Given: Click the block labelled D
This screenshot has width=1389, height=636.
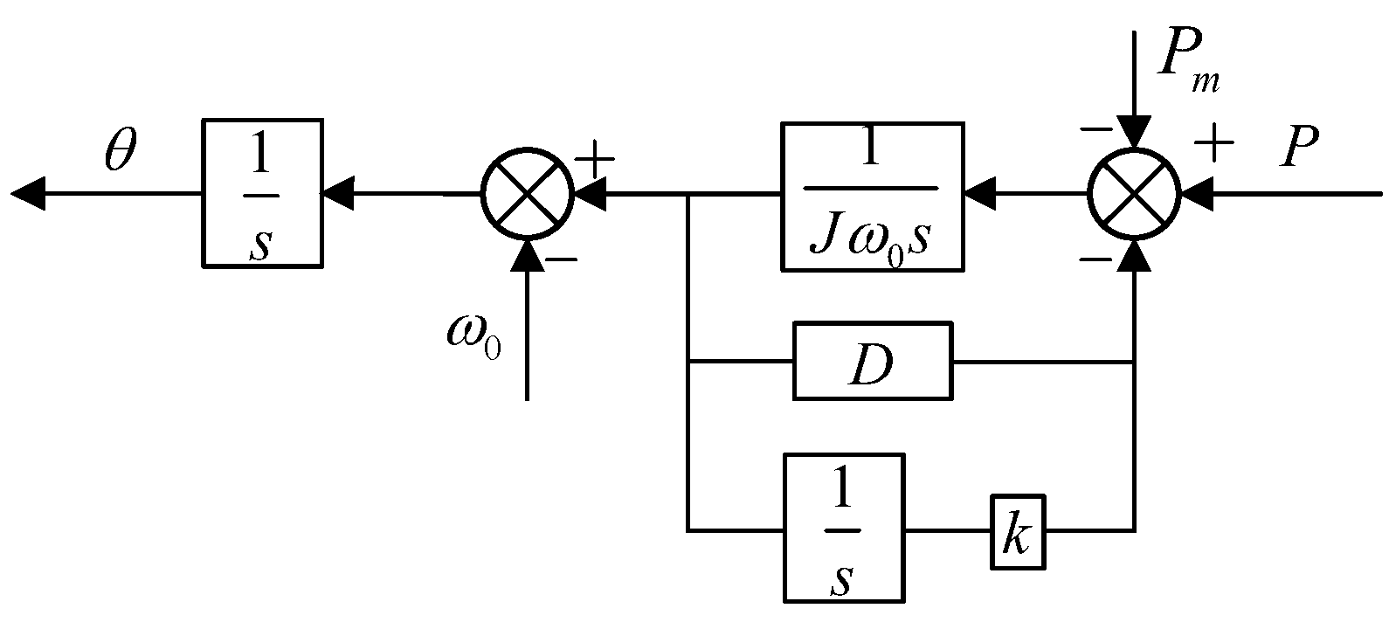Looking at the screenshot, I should point(872,361).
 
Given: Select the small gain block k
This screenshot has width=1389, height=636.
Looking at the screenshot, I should point(1018,531).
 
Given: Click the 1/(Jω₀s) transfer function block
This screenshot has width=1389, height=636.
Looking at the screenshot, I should point(872,197).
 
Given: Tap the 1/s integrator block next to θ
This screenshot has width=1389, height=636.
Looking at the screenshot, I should point(262,193).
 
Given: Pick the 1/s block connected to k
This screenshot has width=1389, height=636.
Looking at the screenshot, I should point(843,528).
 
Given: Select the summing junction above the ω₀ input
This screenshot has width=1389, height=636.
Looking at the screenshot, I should point(527,194).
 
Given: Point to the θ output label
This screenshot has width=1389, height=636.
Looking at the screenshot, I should point(120,151).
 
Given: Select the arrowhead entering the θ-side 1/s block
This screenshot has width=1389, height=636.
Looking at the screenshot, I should point(338,193).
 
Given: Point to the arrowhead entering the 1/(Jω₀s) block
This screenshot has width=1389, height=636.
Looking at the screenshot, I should point(979,193).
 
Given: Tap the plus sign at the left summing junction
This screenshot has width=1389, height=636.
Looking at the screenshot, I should point(598,159).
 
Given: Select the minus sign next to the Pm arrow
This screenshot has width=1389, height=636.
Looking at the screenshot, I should point(1095,130).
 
